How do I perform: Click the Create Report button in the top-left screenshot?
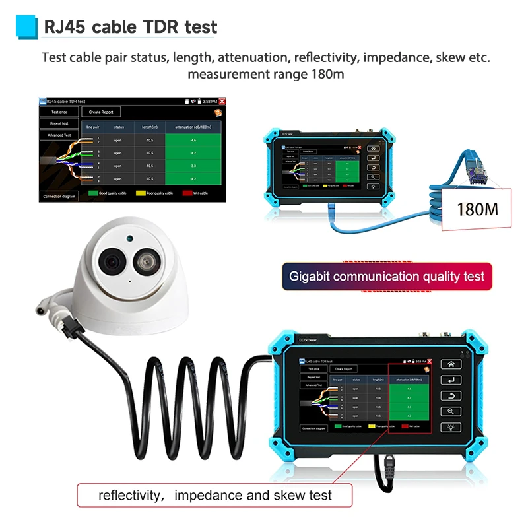point(101,112)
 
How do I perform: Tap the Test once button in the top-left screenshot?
point(59,112)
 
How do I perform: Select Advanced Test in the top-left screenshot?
point(59,135)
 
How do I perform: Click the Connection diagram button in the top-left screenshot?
point(59,196)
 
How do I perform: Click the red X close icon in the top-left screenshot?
point(222,101)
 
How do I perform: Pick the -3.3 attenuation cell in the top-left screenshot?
point(193,166)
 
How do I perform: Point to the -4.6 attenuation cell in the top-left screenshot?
point(193,141)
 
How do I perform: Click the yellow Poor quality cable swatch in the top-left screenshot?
point(140,193)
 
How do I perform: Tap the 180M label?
point(477,209)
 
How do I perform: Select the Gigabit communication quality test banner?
point(387,276)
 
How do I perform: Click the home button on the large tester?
point(451,364)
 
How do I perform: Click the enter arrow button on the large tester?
point(451,379)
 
